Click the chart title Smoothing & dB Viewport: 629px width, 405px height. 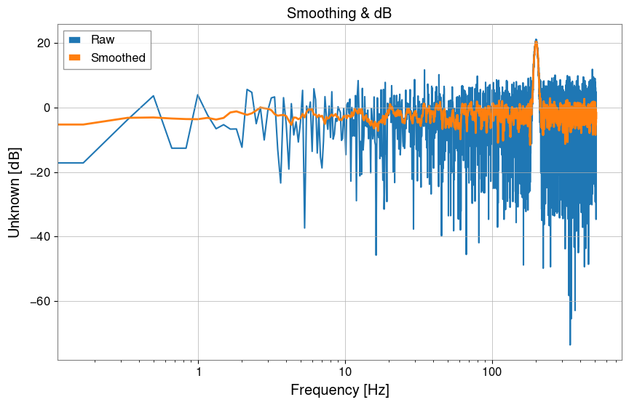coord(340,13)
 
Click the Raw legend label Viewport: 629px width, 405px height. coord(103,39)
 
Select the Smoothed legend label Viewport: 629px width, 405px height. coord(118,57)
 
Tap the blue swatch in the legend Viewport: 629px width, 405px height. coord(76,39)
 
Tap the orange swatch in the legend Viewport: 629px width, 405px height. coord(76,57)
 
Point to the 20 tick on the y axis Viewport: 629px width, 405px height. coord(44,43)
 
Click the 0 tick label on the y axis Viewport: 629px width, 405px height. coord(47,108)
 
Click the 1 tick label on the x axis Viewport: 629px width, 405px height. coord(198,372)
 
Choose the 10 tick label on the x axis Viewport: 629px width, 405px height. coord(345,372)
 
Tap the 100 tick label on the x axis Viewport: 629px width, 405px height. coord(492,372)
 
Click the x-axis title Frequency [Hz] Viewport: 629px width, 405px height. coord(340,390)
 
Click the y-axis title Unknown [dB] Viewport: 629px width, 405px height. coord(15,192)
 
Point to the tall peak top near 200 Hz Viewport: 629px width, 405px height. coord(536,40)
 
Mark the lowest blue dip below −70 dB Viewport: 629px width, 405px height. coord(570,345)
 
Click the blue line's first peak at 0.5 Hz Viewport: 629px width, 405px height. coord(154,95)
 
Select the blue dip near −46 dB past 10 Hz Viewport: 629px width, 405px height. coord(376,255)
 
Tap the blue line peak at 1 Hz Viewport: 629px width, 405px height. coord(198,95)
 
